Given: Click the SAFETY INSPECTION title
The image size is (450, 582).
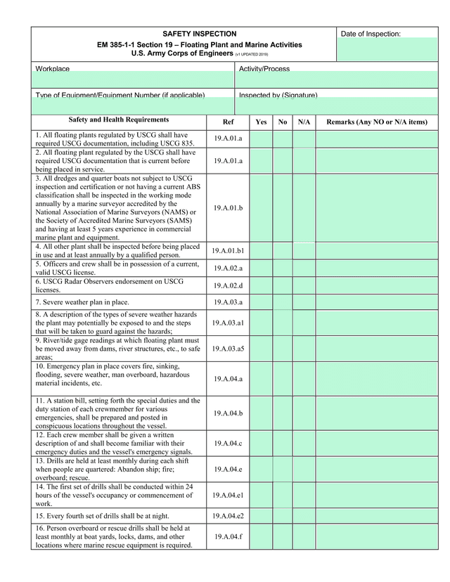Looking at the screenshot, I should click(x=200, y=34).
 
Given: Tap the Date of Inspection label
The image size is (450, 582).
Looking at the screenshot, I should click(x=371, y=34).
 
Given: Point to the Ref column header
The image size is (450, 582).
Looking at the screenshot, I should click(x=228, y=122).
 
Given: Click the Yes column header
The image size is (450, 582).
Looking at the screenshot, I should click(x=261, y=122).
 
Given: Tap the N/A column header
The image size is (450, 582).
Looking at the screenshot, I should click(x=304, y=122).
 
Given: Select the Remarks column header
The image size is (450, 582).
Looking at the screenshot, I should click(x=377, y=122).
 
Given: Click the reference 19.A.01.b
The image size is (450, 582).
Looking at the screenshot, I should click(x=228, y=208).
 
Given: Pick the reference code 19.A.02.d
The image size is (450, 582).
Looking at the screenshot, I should click(x=228, y=285).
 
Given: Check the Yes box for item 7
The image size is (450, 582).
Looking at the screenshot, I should click(x=261, y=302).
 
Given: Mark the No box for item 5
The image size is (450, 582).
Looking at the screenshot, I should click(x=283, y=268).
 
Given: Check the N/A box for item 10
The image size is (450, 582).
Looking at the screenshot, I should click(x=304, y=379).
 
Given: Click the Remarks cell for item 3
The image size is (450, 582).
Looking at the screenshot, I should click(x=377, y=208).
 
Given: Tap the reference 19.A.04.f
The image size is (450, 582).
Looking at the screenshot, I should click(x=228, y=536).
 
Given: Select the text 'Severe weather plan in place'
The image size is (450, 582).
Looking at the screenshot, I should click(x=82, y=302).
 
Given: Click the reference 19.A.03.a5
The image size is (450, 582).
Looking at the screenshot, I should click(x=228, y=349).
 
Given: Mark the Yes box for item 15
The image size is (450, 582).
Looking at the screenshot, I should click(x=261, y=516).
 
